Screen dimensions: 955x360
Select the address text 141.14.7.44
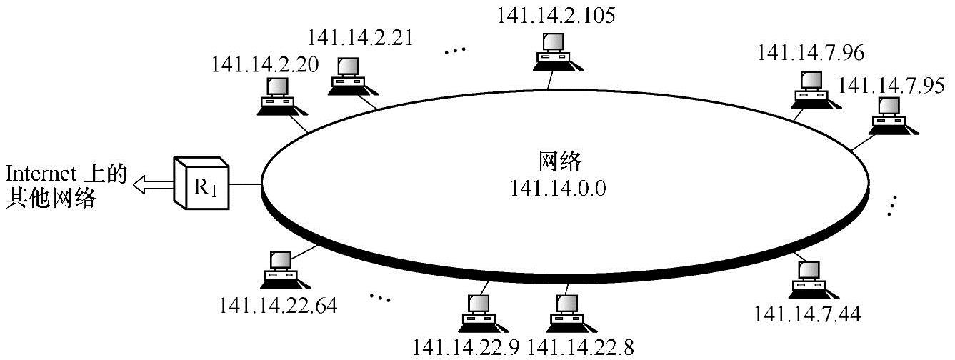[x=807, y=313]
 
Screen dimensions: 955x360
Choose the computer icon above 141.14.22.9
[x=477, y=313]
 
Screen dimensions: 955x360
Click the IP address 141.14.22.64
[x=279, y=306]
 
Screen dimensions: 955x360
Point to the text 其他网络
[x=50, y=199]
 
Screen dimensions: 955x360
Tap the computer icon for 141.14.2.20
[x=276, y=97]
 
